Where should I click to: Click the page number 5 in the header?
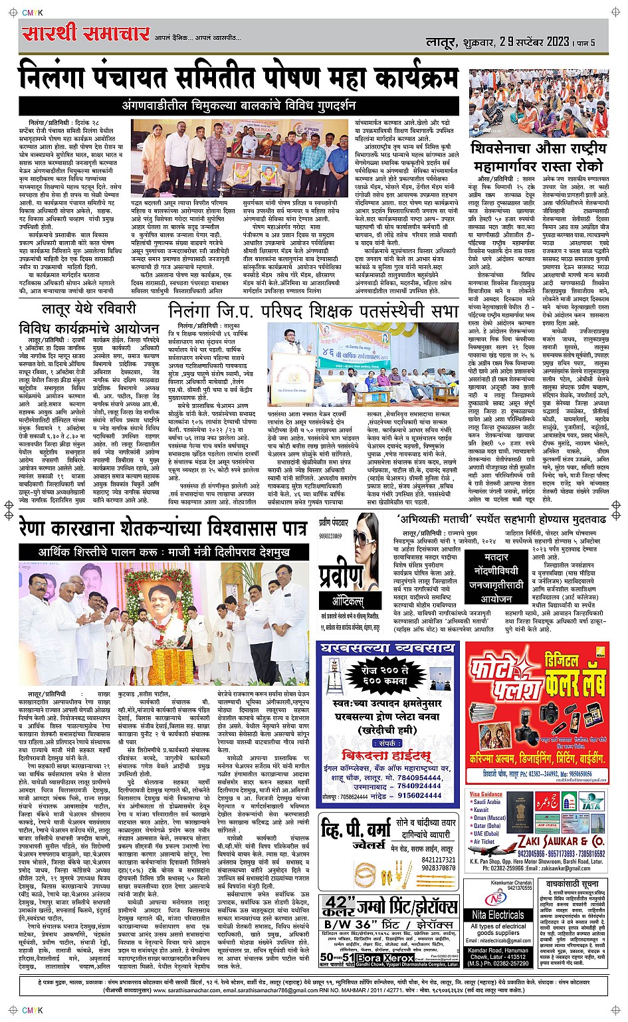[591, 43]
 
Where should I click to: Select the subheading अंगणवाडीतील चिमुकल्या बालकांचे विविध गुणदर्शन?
[239, 106]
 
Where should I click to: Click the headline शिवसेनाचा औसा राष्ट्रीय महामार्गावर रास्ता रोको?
[538, 157]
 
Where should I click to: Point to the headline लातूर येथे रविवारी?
[88, 308]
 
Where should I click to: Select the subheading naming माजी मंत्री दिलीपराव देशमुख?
[157, 552]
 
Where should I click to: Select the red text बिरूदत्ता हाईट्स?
[387, 756]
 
